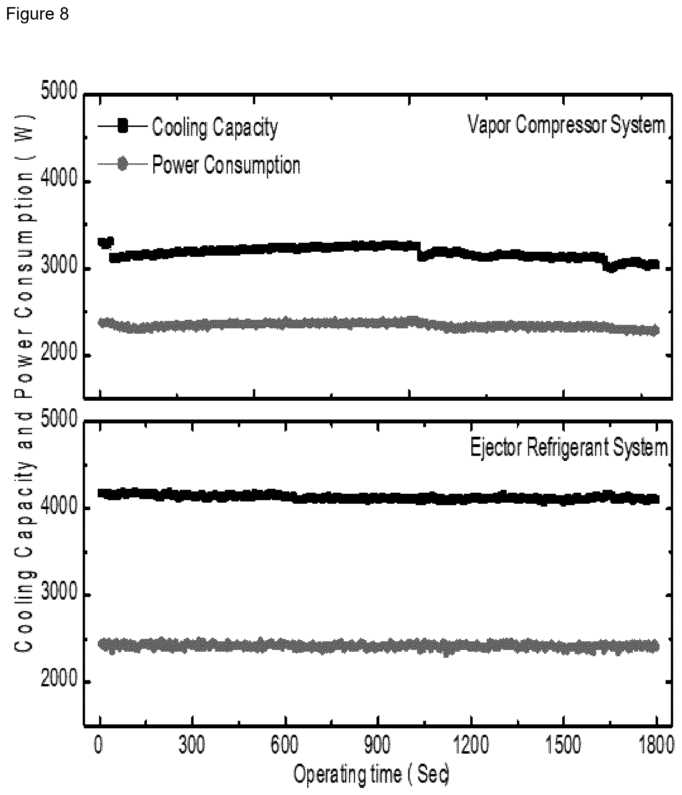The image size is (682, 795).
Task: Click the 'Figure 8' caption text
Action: coord(37,14)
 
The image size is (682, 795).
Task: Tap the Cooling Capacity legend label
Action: coord(215,127)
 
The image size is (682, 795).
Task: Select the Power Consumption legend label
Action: coord(226,165)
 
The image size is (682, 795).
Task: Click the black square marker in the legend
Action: coord(123,126)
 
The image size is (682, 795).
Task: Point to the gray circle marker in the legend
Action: coord(122,164)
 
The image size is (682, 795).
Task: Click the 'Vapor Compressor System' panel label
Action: coord(567,125)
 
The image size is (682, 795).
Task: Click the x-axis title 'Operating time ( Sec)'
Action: coord(371,774)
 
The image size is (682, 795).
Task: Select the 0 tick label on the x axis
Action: coord(99,745)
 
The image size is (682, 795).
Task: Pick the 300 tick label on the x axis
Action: coord(191,745)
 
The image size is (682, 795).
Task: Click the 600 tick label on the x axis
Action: coord(284,745)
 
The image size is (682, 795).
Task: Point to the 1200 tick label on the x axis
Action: coord(471,745)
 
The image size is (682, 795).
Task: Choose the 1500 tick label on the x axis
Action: coord(563,745)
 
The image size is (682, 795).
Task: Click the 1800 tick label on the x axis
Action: coord(656,745)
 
